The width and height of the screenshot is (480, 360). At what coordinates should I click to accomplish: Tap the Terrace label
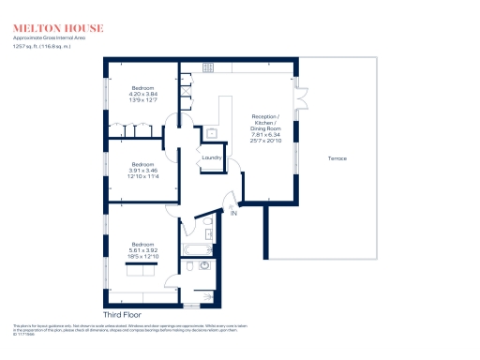337,159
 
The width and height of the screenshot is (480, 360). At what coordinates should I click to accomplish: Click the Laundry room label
211,158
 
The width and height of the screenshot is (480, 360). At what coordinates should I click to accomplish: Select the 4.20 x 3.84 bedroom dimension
142,93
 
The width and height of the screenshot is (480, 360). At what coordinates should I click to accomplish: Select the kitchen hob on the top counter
208,68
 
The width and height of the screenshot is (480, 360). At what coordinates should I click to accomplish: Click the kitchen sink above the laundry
212,132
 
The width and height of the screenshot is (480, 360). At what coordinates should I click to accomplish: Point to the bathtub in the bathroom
195,251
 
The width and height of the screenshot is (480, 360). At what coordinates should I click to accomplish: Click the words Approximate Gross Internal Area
48,38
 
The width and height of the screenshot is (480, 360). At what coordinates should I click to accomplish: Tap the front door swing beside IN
231,199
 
